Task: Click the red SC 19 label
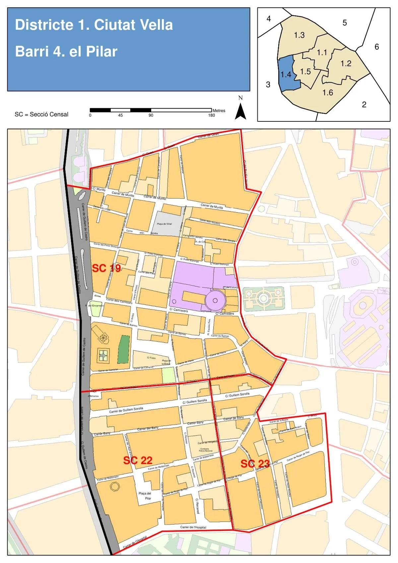point(106,268)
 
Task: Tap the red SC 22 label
point(138,460)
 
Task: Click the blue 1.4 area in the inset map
point(286,75)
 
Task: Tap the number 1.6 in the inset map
point(328,93)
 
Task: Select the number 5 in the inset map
point(345,23)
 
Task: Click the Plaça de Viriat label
point(165,224)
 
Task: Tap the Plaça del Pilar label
point(145,496)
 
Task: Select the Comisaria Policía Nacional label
point(206,450)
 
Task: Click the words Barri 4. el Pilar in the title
point(66,52)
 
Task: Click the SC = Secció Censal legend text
point(41,114)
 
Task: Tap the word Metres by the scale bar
point(219,110)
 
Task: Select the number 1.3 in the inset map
point(299,35)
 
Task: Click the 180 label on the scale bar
point(211,115)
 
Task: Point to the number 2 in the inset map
point(364,104)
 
